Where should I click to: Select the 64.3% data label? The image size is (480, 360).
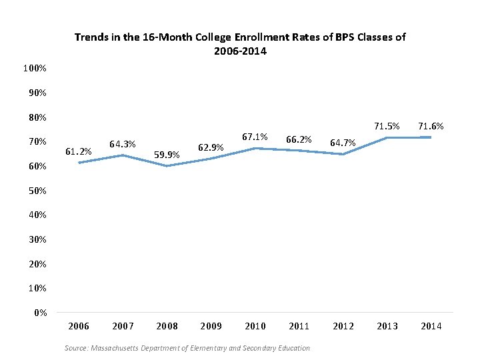point(123,144)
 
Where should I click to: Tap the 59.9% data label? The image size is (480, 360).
point(167,155)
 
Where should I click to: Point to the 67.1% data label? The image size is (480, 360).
point(255,137)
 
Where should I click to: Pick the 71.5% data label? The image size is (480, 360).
point(387,125)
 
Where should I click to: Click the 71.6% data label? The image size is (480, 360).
point(431,125)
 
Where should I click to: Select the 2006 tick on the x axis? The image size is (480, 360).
point(79,326)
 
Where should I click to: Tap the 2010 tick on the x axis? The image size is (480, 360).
point(255,326)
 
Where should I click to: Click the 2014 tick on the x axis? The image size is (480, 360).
point(431,326)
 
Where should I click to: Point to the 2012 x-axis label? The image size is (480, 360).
point(343,326)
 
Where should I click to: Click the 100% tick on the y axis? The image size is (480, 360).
point(35,69)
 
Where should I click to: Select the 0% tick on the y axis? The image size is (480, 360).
point(40,313)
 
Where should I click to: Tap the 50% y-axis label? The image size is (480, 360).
point(37,191)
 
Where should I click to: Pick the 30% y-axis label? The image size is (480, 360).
point(37,239)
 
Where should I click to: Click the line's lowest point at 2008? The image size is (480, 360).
point(167,166)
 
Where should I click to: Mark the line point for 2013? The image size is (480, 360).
point(387,138)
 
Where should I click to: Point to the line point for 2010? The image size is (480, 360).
point(255,149)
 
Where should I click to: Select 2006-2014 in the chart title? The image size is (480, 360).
point(240,51)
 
